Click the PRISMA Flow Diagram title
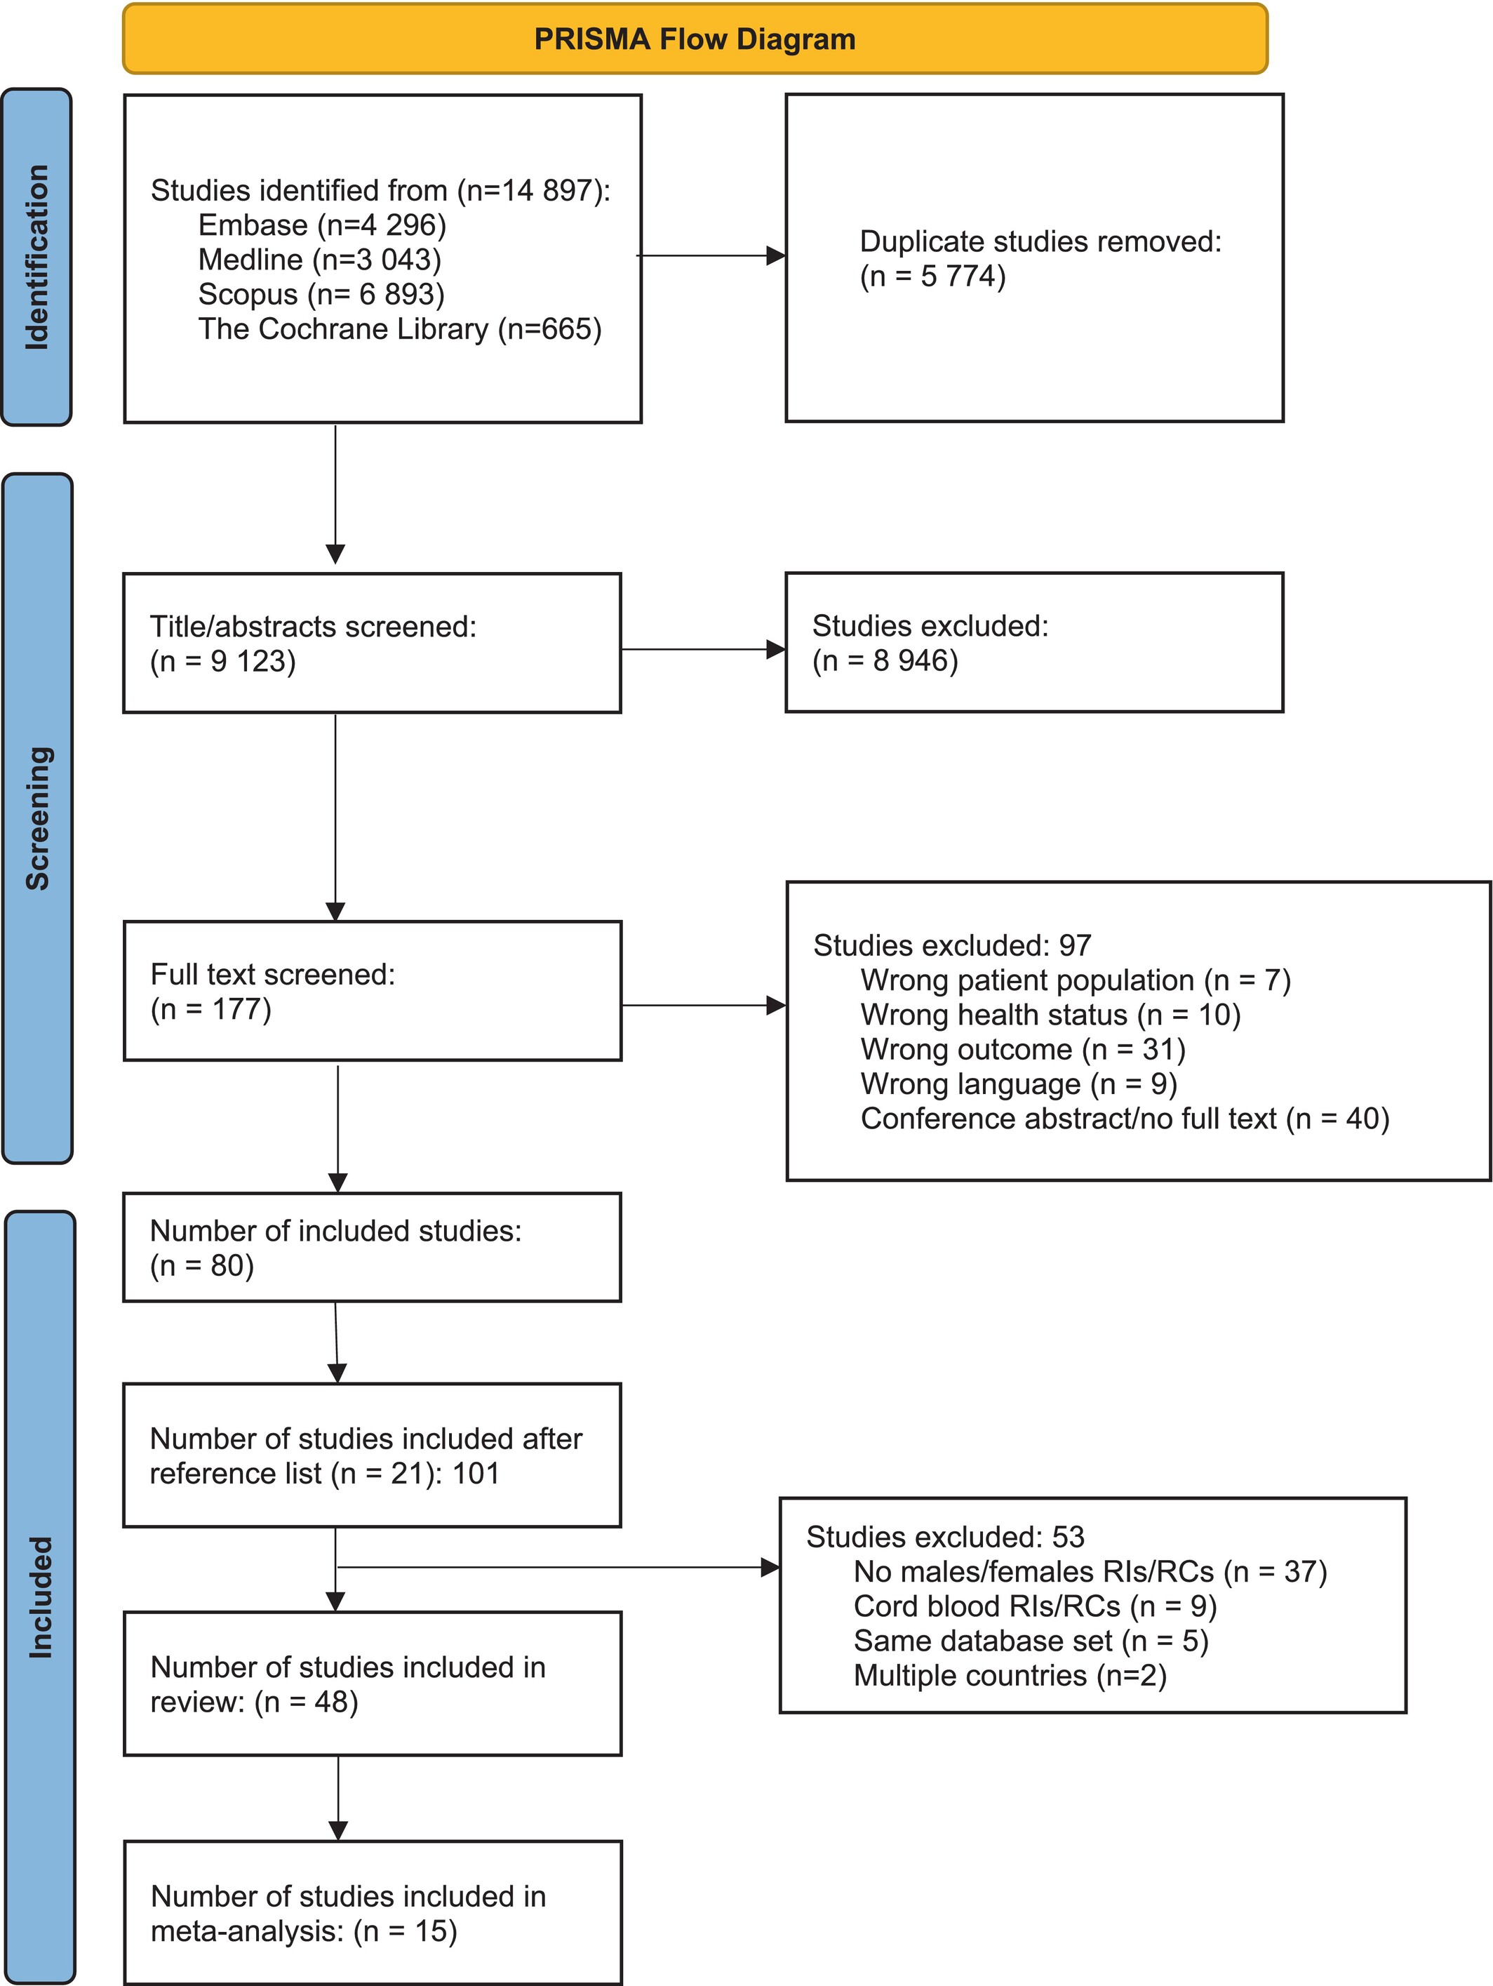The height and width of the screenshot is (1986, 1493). [x=695, y=39]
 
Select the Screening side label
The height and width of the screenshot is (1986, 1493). [x=38, y=818]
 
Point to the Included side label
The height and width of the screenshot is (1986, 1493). [x=41, y=1597]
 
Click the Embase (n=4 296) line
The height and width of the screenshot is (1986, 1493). [x=322, y=225]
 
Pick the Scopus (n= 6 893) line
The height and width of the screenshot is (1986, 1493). [x=321, y=295]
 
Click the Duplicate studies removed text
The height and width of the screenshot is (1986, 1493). [x=1040, y=241]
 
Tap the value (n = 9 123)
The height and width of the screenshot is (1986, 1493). [x=222, y=661]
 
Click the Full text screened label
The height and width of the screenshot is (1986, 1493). [x=273, y=974]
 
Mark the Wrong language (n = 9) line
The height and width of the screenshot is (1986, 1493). [x=1019, y=1084]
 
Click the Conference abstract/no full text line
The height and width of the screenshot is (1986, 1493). [x=1125, y=1119]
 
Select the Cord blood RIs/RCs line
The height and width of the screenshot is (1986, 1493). [x=1035, y=1606]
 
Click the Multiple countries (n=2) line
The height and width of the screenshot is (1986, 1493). [x=1010, y=1675]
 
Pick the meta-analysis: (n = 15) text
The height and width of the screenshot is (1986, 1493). [x=304, y=1931]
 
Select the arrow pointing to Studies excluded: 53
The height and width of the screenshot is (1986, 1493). [x=558, y=1568]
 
